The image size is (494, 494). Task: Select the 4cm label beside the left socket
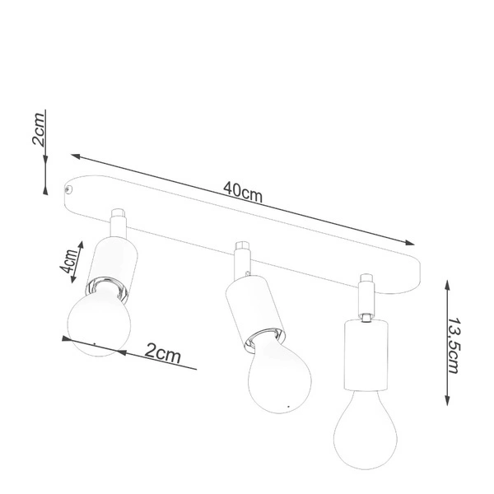(x=72, y=263)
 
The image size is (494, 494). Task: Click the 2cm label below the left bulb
(x=162, y=354)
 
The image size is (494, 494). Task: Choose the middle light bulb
(x=280, y=375)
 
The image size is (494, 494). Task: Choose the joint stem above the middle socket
(x=242, y=258)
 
